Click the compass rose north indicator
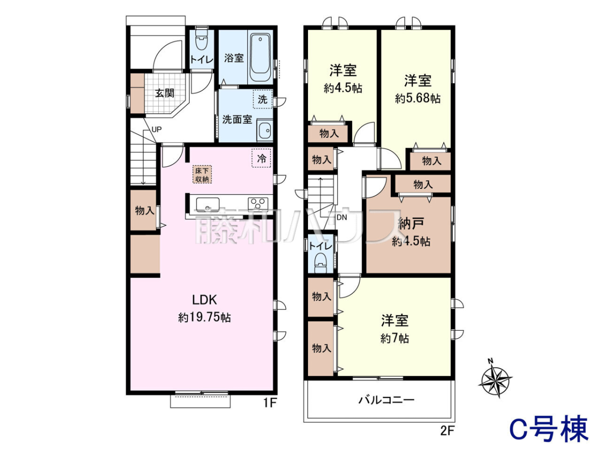point(496,381)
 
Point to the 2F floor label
point(447,431)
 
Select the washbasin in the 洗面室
point(265,130)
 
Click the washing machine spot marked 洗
point(262,99)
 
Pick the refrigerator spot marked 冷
point(261,158)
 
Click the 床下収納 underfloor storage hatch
point(202,174)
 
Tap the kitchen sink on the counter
point(207,204)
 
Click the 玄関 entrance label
point(165,93)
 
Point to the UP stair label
point(156,129)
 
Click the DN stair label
point(342,217)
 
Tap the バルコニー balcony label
point(386,400)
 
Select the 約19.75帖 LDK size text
point(204,318)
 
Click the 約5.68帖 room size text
point(418,98)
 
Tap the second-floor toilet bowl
point(321,263)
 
